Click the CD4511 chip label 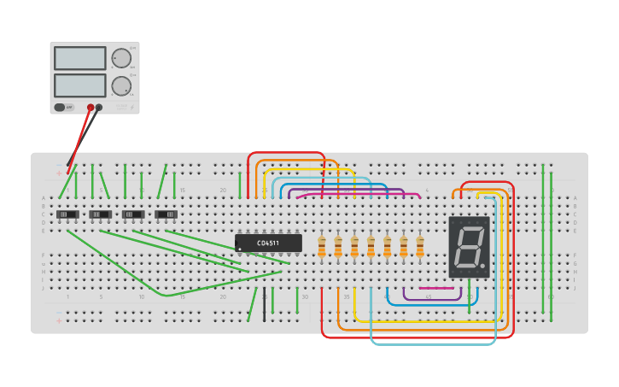point(268,243)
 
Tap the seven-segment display point(469,247)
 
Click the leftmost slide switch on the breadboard point(67,214)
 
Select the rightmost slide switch point(166,214)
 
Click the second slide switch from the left point(101,214)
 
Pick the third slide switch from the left point(133,214)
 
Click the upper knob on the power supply point(121,58)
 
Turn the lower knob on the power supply point(121,85)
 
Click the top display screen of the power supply point(79,58)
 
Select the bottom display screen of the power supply point(79,85)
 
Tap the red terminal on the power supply point(91,108)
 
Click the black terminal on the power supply point(99,108)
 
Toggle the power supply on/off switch point(61,108)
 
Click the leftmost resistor point(322,247)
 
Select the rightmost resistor point(420,247)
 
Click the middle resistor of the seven point(371,247)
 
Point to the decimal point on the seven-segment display point(483,267)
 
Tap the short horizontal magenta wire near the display point(436,288)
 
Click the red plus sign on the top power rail point(59,173)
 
